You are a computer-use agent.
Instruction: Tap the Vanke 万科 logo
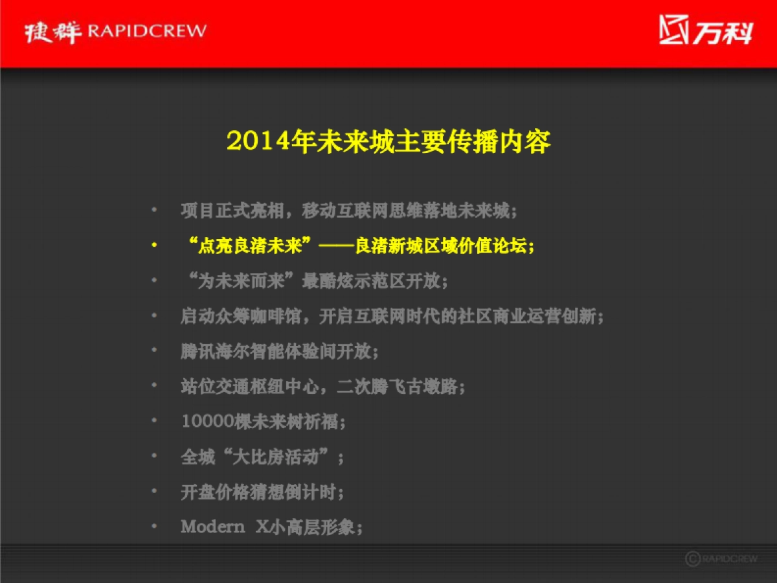click(706, 30)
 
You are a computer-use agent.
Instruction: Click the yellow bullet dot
click(154, 246)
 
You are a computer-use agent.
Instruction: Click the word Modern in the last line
click(212, 527)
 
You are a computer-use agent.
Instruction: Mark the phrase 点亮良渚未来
click(250, 246)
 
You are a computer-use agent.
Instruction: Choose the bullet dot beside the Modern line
click(154, 527)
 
